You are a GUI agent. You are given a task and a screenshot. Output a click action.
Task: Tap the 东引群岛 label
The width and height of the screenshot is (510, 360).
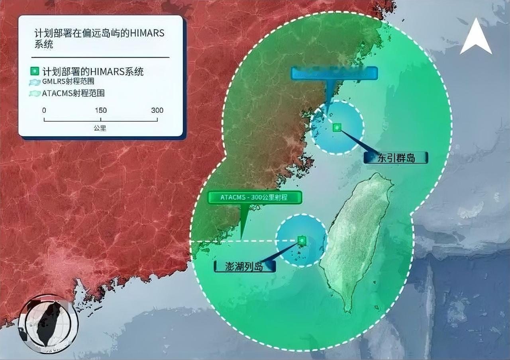395,158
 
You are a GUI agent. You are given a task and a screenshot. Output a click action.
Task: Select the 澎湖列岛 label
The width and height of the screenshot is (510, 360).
245,266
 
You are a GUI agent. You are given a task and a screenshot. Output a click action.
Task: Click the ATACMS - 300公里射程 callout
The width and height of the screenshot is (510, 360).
254,197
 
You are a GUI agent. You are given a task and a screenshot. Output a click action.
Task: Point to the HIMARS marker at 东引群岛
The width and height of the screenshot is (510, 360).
337,127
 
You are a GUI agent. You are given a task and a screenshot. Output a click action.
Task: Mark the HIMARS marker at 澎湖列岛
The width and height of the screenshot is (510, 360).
302,240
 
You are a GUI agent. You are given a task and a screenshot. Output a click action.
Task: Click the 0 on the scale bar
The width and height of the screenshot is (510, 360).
44,110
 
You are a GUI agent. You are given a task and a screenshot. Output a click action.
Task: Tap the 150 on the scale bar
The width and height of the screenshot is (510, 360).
100,110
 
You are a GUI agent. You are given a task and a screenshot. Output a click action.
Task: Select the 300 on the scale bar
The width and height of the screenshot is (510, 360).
157,110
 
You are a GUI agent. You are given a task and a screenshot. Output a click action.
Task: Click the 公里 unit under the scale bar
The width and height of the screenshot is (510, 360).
100,128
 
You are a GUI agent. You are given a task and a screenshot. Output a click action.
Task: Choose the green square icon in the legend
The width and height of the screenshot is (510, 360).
35,72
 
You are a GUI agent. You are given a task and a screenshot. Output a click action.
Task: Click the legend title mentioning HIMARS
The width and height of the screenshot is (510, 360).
99,38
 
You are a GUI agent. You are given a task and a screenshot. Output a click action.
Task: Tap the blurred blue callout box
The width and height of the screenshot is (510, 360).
334,73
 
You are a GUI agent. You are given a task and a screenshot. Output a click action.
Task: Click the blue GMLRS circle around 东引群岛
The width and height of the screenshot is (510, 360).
351,139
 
